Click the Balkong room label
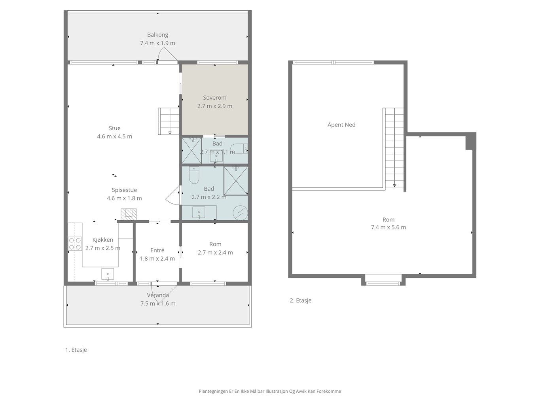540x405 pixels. (x=158, y=35)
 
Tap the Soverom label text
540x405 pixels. (x=214, y=98)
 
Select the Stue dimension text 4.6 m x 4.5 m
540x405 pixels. (x=115, y=136)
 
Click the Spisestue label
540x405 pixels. (x=124, y=190)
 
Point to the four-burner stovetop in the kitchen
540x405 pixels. (x=75, y=244)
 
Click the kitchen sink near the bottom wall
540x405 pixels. (x=108, y=274)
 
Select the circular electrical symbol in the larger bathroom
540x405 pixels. (x=240, y=213)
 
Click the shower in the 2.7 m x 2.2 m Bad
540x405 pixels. (x=236, y=181)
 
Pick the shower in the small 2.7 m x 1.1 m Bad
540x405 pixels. (x=191, y=151)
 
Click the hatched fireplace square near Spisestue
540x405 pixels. (x=129, y=214)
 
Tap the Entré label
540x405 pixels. (x=157, y=250)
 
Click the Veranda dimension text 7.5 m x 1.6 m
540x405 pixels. (x=158, y=304)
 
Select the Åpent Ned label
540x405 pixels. (x=341, y=125)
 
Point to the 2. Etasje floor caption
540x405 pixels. (x=301, y=301)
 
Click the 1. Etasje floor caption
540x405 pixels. (x=76, y=350)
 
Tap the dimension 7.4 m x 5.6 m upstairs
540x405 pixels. (x=388, y=227)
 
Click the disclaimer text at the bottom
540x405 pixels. (x=270, y=391)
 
